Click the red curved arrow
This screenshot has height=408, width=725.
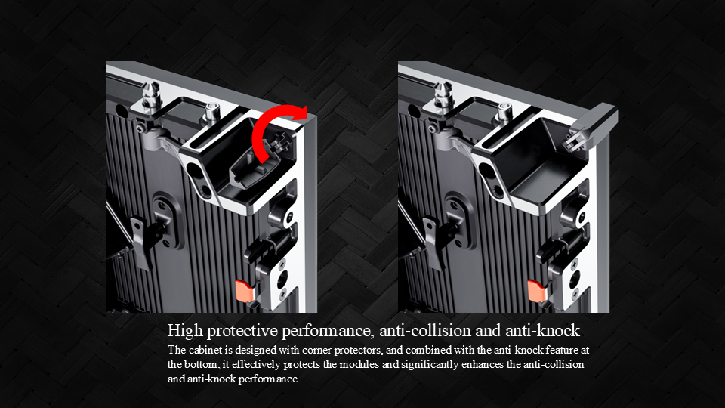268,121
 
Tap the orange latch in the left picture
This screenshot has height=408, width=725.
244,290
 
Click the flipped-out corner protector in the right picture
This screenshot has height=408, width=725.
594,126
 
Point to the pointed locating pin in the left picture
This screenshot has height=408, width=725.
151,98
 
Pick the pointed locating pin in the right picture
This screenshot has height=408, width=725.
443,98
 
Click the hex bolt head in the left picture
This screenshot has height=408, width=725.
211,113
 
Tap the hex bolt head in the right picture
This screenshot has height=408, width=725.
504,113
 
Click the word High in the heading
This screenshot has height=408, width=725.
185,331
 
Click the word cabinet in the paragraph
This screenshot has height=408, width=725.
202,350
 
